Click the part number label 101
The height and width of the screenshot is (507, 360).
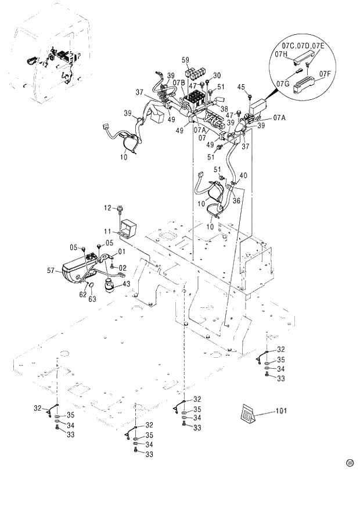coord(281,411)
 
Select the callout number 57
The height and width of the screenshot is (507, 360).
coord(51,270)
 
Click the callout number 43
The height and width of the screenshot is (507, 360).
coord(127,283)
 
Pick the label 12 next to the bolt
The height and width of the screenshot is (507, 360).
coord(107,207)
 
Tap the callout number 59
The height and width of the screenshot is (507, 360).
coord(186,60)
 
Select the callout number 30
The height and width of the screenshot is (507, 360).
coord(217,75)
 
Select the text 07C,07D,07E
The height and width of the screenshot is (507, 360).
coord(304,45)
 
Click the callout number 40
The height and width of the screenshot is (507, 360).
coord(243,176)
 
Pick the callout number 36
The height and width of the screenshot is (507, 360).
coord(236,201)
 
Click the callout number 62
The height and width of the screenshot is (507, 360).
coord(82,294)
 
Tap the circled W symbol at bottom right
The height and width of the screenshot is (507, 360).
coord(350,463)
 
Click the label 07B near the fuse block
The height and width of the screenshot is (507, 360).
coord(178,83)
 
